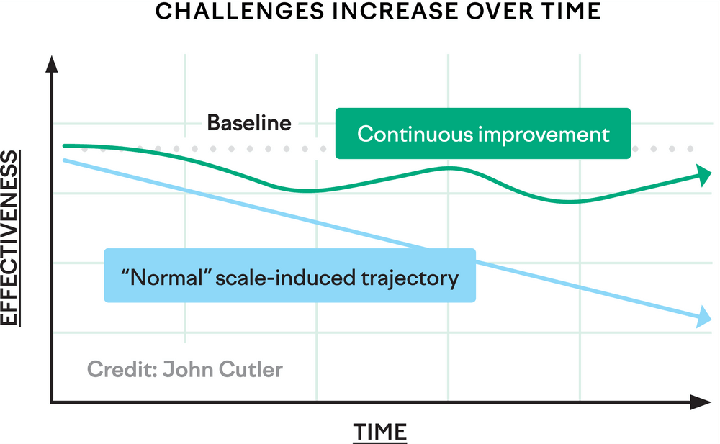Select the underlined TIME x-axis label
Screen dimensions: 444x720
click(379, 432)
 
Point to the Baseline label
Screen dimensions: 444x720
click(249, 123)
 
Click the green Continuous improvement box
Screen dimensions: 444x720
click(483, 134)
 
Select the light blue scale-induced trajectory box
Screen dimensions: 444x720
click(290, 276)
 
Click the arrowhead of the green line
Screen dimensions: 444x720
click(703, 173)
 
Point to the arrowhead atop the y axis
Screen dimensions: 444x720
click(52, 65)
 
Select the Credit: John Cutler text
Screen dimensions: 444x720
click(185, 370)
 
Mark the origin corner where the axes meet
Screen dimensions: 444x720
click(52, 402)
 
